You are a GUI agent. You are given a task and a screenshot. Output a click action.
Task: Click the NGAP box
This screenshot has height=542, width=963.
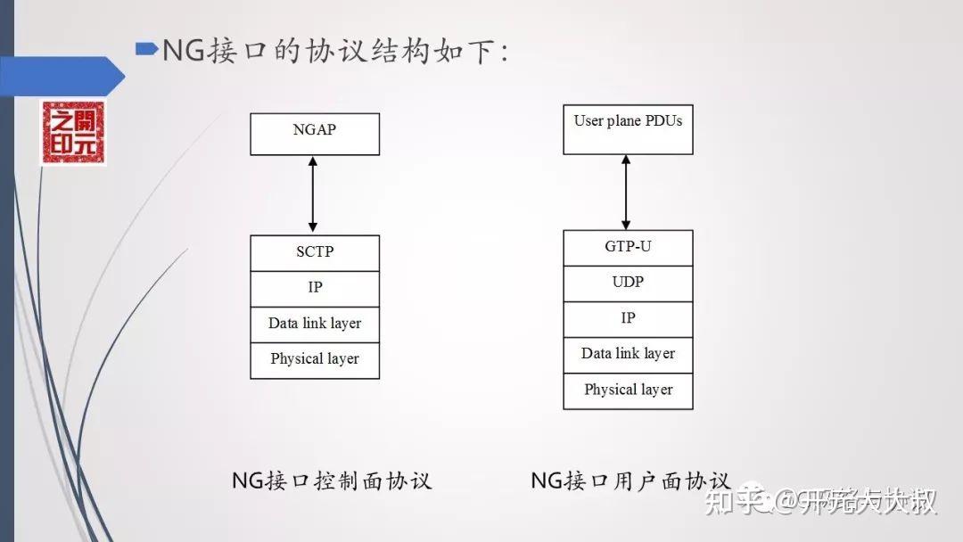315,134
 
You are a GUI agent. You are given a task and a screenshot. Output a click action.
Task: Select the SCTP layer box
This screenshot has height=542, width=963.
315,253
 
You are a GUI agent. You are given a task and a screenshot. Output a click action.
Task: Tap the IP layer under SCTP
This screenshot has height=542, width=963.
315,289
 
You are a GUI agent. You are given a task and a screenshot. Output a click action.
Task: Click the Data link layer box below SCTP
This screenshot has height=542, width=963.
315,324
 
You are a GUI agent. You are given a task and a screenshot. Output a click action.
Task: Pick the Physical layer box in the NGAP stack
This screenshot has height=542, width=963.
315,360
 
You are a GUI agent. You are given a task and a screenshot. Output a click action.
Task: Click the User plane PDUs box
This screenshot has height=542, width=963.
628,129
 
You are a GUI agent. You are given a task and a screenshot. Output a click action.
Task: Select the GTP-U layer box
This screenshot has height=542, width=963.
628,248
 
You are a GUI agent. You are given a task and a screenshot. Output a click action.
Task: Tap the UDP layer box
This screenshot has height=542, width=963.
628,283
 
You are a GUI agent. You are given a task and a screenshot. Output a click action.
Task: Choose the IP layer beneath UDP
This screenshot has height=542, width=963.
628,319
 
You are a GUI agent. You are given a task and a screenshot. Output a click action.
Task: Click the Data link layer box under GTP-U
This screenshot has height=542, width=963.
628,355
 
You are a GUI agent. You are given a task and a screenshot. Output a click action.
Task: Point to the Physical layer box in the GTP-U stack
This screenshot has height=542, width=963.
628,390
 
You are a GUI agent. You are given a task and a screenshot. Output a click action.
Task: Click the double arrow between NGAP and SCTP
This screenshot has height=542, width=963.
312,194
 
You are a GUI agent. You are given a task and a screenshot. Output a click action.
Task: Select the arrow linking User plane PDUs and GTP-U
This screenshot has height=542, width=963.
626,192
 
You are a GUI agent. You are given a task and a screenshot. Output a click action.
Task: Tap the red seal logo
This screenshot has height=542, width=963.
72,132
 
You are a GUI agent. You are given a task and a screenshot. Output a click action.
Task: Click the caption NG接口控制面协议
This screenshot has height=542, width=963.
332,481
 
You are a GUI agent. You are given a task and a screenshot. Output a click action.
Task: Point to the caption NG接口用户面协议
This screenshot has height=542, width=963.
630,481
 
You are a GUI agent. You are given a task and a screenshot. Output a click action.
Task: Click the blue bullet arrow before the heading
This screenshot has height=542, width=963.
146,48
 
